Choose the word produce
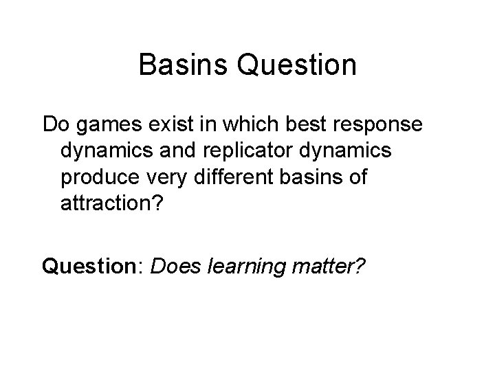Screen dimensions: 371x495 pyautogui.click(x=97, y=177)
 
